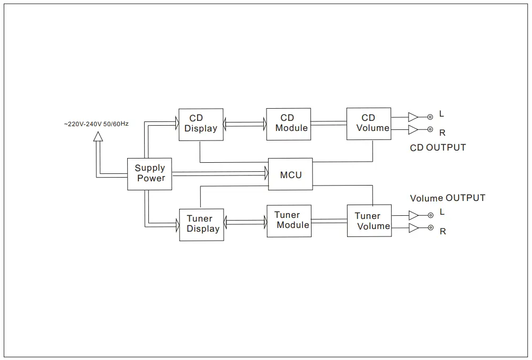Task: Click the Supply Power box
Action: pyautogui.click(x=150, y=173)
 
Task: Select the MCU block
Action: pyautogui.click(x=290, y=174)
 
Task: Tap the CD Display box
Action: pyautogui.click(x=200, y=124)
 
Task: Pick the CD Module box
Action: pyautogui.click(x=288, y=124)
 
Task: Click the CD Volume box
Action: pyautogui.click(x=369, y=124)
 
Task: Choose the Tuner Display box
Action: pyautogui.click(x=201, y=224)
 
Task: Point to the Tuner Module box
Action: pyautogui.click(x=289, y=221)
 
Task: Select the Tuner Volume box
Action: pyautogui.click(x=369, y=222)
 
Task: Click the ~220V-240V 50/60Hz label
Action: pyautogui.click(x=96, y=124)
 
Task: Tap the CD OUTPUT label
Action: pyautogui.click(x=438, y=147)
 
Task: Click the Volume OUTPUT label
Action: pyautogui.click(x=447, y=198)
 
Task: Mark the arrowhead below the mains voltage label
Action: pyautogui.click(x=97, y=137)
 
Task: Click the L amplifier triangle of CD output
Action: pyautogui.click(x=413, y=117)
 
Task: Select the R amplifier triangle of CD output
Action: pyautogui.click(x=413, y=130)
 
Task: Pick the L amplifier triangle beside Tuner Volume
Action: pyautogui.click(x=413, y=215)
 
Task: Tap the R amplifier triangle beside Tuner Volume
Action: pyautogui.click(x=413, y=229)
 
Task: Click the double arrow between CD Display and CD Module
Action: pyautogui.click(x=244, y=124)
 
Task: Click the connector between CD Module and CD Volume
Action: pyautogui.click(x=329, y=123)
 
